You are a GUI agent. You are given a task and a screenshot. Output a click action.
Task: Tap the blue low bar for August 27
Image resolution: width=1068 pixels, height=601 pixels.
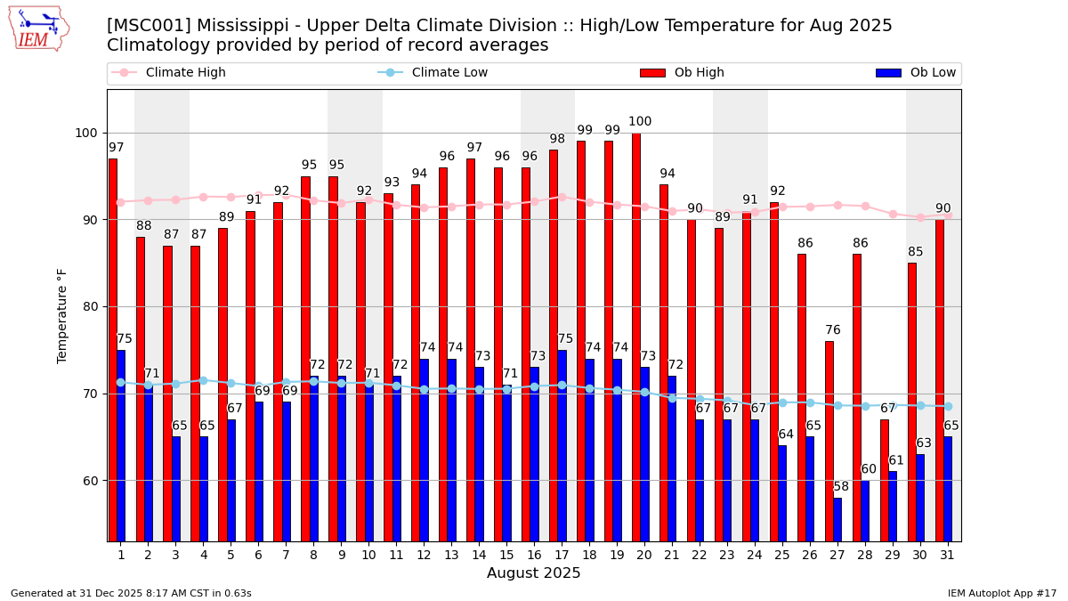pyautogui.click(x=837, y=519)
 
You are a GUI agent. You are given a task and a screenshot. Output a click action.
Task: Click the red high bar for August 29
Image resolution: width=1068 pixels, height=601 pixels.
pyautogui.click(x=884, y=480)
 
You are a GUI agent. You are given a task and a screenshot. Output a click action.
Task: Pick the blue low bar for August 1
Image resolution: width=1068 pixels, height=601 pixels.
pyautogui.click(x=121, y=445)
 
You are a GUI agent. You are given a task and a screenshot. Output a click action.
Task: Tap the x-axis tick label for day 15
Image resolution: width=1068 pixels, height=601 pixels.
pyautogui.click(x=506, y=555)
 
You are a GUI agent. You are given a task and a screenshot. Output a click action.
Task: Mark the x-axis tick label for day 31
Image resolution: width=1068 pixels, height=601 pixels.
pyautogui.click(x=947, y=555)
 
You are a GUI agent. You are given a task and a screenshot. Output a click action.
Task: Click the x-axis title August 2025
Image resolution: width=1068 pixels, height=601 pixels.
pyautogui.click(x=533, y=574)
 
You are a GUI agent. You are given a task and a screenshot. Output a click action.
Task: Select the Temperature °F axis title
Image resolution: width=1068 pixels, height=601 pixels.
pyautogui.click(x=62, y=315)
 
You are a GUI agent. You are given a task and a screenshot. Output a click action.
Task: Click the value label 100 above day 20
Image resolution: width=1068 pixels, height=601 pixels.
pyautogui.click(x=640, y=122)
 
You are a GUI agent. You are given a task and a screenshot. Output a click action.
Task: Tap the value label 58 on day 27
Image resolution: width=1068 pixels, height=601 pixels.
pyautogui.click(x=841, y=487)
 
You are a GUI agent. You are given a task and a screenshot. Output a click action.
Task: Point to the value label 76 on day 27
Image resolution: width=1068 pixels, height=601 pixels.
pyautogui.click(x=833, y=330)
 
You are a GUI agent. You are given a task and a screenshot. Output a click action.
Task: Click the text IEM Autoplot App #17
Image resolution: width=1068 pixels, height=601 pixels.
pyautogui.click(x=1001, y=593)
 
